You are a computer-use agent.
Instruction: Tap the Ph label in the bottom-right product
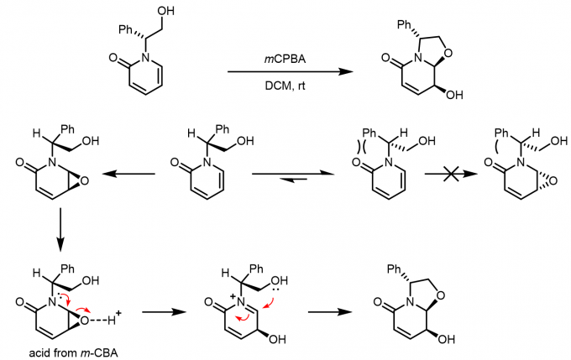tap(406, 269)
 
